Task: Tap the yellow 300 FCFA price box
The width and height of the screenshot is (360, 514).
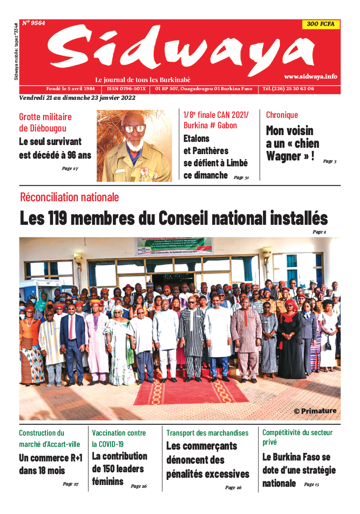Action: point(321,25)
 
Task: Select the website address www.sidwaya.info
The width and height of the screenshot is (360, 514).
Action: point(311,77)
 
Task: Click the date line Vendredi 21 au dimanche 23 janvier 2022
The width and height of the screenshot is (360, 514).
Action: point(77,98)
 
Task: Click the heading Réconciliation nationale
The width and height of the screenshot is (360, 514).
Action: point(69,197)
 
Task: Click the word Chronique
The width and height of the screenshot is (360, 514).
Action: point(282,115)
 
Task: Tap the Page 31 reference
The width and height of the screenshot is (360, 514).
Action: point(241,178)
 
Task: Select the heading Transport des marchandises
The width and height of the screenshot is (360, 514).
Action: point(207,433)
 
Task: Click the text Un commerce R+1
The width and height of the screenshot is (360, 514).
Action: point(50,458)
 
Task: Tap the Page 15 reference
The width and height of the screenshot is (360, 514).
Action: point(311,485)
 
